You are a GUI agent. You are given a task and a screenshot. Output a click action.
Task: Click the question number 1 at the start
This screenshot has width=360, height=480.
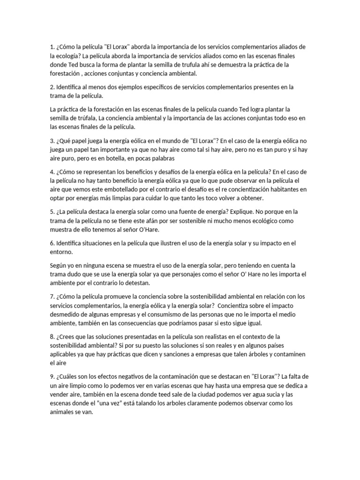tap(52, 47)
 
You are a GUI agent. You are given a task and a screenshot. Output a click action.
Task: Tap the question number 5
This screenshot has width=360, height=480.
tap(52, 212)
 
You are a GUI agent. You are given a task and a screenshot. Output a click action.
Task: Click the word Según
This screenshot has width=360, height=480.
tap(60, 265)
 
